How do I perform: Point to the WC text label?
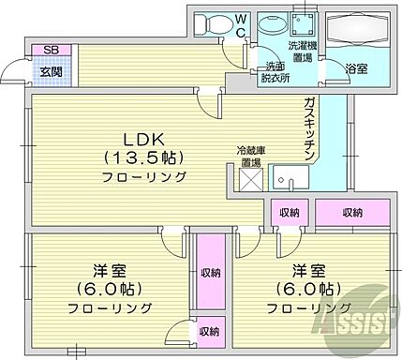click(x=240, y=23)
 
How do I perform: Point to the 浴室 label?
click(x=355, y=68)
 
